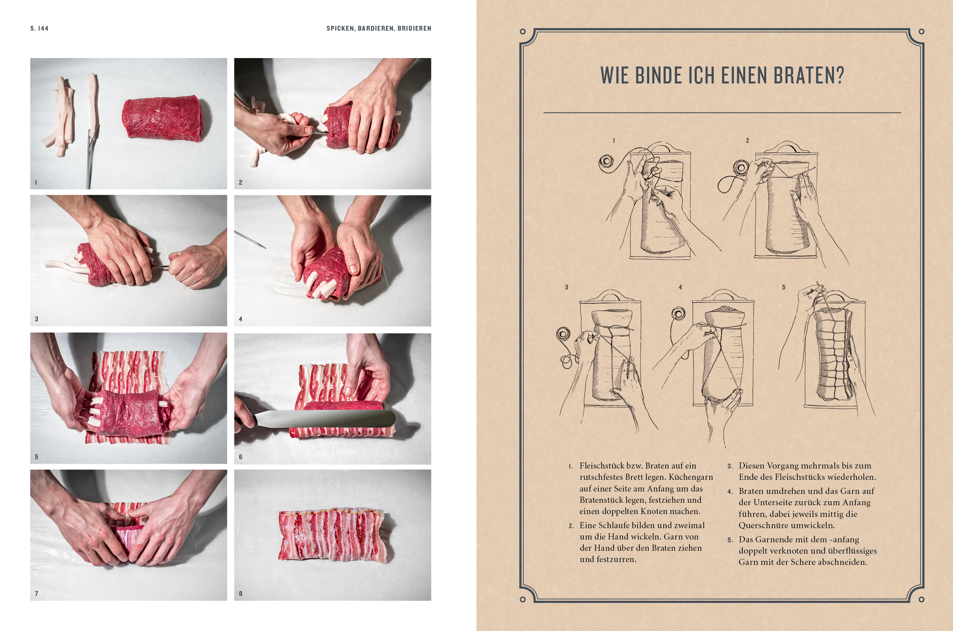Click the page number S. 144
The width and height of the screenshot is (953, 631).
pyautogui.click(x=39, y=28)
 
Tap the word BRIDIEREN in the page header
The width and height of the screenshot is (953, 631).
pyautogui.click(x=414, y=28)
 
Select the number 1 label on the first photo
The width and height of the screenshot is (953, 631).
pyautogui.click(x=36, y=182)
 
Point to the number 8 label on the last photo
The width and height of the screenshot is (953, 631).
pyautogui.click(x=240, y=594)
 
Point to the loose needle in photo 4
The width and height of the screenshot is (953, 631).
pyautogui.click(x=250, y=239)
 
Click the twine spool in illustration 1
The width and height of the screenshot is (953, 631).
pyautogui.click(x=606, y=162)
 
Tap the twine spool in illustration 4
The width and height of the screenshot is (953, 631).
pyautogui.click(x=679, y=314)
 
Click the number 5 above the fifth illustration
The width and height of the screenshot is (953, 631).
pyautogui.click(x=784, y=287)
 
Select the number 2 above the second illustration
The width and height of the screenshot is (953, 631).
pyautogui.click(x=747, y=140)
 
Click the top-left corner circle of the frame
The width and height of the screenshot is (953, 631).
pyautogui.click(x=522, y=31)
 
